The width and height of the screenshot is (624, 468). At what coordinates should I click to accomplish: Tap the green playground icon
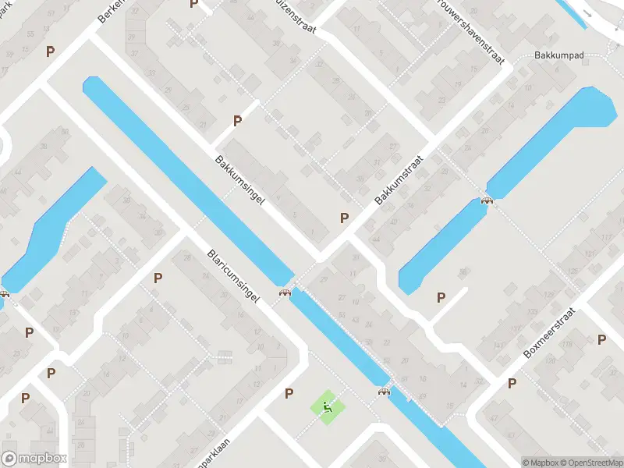pos(326,406)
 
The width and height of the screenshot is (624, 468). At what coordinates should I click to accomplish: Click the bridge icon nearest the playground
pos(384,392)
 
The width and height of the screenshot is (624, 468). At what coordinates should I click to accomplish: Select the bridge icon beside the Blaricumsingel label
pos(285,292)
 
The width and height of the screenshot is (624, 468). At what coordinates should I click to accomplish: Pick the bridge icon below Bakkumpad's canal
pos(487,200)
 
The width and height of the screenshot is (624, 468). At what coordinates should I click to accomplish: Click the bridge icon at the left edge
pos(5,294)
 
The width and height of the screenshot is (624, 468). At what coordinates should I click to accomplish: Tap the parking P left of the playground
pos(289,393)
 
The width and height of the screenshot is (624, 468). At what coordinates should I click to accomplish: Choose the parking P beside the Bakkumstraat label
pos(344,218)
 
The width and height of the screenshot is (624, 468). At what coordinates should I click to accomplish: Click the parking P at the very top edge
pos(194,4)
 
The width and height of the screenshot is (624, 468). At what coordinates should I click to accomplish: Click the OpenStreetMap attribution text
pos(590,463)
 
